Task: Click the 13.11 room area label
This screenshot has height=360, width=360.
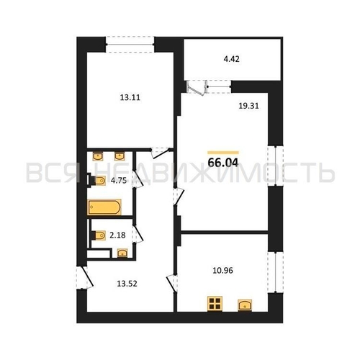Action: click(130, 97)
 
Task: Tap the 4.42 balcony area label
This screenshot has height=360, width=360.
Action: click(232, 59)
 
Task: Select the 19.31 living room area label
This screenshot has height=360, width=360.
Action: click(248, 106)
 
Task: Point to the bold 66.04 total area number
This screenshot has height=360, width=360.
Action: click(223, 163)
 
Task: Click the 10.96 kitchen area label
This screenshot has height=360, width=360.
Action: click(222, 271)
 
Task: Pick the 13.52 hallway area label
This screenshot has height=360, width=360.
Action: click(127, 284)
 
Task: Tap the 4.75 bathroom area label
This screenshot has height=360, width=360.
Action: click(119, 181)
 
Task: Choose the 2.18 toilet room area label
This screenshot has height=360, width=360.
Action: click(117, 235)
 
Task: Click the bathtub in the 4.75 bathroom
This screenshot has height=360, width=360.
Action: click(104, 207)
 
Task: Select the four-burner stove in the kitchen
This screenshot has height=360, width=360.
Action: click(215, 304)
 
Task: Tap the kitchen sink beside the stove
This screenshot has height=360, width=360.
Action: click(245, 305)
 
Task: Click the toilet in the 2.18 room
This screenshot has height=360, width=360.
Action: click(99, 235)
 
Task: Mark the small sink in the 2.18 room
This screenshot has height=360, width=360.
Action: click(122, 253)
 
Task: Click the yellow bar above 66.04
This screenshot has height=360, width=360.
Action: click(223, 153)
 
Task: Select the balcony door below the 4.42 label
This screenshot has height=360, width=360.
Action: click(197, 87)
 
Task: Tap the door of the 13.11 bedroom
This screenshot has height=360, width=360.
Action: click(160, 153)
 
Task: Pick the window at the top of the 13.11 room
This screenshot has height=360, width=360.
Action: click(130, 44)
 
